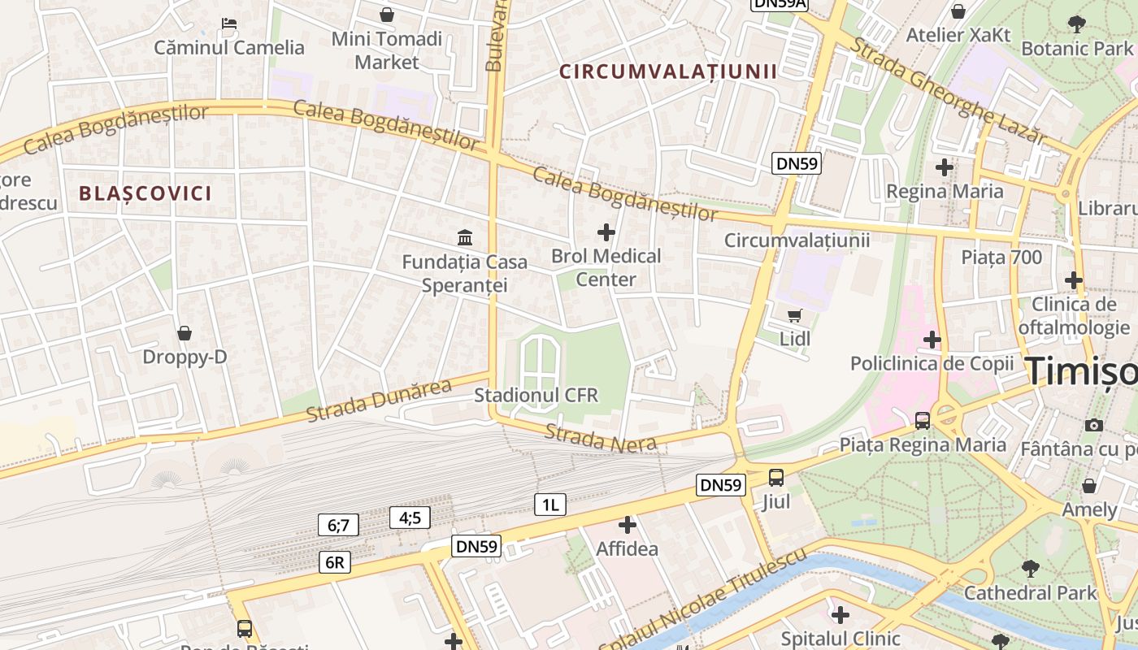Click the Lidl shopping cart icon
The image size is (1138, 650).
click(794, 315)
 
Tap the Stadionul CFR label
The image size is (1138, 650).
click(536, 396)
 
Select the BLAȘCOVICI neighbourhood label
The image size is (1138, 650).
click(146, 193)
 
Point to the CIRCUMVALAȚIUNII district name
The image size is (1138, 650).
click(667, 71)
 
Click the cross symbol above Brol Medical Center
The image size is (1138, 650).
click(606, 232)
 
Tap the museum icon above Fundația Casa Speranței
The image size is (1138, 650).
click(465, 237)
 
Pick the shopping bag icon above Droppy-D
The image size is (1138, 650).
click(185, 333)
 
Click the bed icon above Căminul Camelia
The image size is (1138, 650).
click(229, 24)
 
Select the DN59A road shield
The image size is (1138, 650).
click(779, 4)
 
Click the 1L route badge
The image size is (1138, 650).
click(550, 505)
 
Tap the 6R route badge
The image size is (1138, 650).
click(335, 562)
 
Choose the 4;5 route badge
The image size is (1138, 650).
click(410, 518)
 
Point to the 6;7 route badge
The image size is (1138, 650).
click(338, 526)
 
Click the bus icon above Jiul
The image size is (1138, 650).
click(776, 478)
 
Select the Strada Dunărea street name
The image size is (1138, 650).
click(379, 401)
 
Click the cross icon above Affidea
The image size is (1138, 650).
click(627, 525)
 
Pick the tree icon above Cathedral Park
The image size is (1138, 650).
click(1030, 568)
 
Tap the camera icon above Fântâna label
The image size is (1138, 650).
click(1094, 424)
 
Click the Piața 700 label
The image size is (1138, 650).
click(1001, 258)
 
